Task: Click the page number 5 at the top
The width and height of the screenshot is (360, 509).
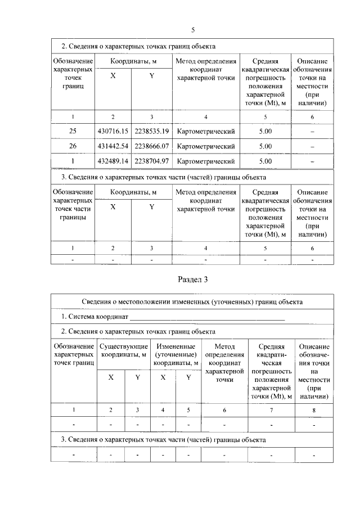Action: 193,30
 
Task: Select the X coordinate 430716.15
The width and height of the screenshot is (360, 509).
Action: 113,131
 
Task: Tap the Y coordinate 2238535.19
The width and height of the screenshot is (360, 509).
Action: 151,131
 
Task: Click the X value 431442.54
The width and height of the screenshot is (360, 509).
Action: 113,146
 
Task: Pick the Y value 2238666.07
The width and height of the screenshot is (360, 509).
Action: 151,146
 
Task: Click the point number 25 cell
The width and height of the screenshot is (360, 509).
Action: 73,131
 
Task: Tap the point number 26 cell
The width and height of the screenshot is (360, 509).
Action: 73,146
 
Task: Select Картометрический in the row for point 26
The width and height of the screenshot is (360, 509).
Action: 205,146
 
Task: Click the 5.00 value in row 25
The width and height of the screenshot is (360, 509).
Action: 265,131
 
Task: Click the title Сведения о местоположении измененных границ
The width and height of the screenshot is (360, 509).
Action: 193,301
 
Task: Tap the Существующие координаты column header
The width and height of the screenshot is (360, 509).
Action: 124,350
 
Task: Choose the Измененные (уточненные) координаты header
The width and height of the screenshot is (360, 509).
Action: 175,350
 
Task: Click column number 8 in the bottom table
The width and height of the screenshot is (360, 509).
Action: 314,410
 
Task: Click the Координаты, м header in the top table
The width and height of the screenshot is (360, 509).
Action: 133,61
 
